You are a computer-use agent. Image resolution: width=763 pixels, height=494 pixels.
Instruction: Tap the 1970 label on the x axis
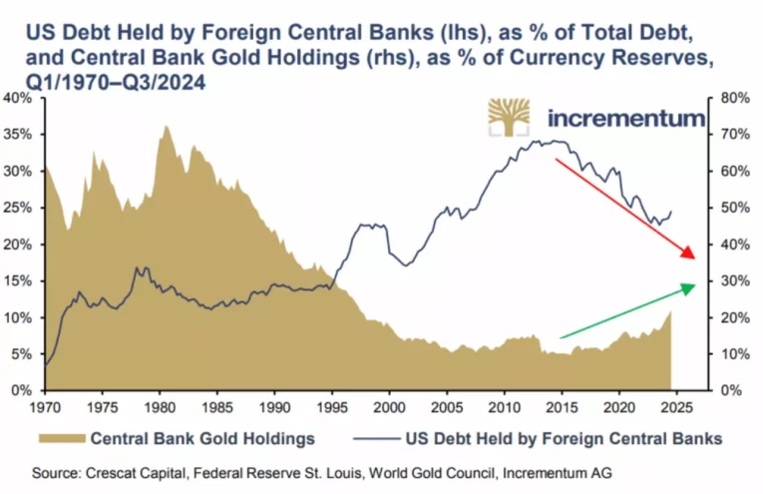pyautogui.click(x=45, y=407)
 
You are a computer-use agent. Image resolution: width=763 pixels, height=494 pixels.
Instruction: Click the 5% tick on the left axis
pyautogui.click(x=23, y=354)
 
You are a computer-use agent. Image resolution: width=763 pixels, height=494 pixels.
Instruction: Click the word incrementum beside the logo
pyautogui.click(x=626, y=119)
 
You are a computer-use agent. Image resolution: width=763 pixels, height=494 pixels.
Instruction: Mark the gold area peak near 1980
pyautogui.click(x=166, y=126)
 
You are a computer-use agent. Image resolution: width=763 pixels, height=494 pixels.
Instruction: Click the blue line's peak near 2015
pyautogui.click(x=552, y=141)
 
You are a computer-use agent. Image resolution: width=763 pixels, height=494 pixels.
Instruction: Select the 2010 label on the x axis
pyautogui.click(x=505, y=407)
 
